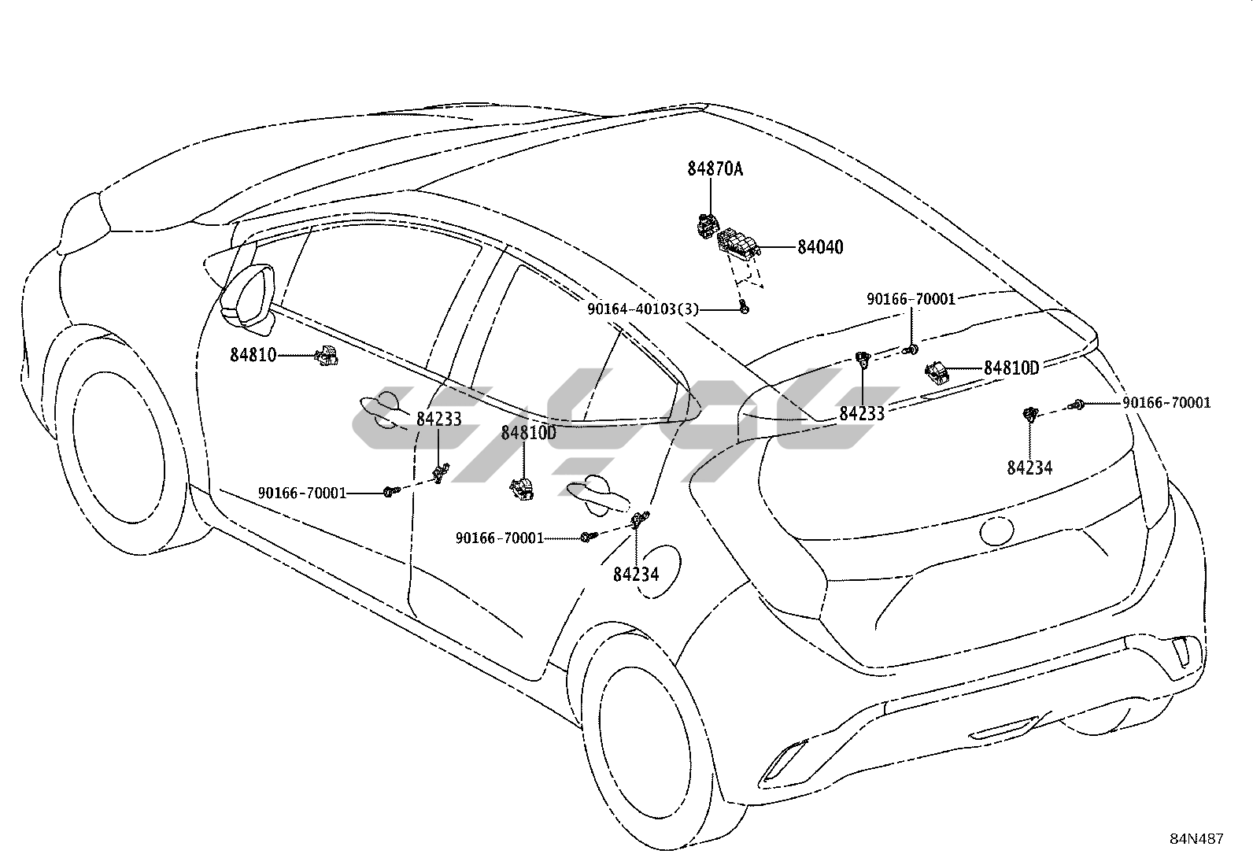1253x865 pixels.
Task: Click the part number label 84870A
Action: pyautogui.click(x=715, y=168)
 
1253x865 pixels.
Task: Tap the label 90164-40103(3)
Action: pyautogui.click(x=642, y=309)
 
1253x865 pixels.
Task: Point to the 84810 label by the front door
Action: pyautogui.click(x=253, y=355)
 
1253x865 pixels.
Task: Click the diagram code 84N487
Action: pyautogui.click(x=1196, y=839)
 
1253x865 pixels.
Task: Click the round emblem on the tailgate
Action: pyautogui.click(x=997, y=531)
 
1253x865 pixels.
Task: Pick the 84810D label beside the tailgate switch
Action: pyautogui.click(x=1011, y=368)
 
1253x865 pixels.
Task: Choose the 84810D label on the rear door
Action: pyautogui.click(x=528, y=432)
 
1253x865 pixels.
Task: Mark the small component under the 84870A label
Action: pyautogui.click(x=706, y=226)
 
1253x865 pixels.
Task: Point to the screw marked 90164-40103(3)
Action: pyautogui.click(x=744, y=308)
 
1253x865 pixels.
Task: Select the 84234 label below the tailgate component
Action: pyautogui.click(x=1029, y=468)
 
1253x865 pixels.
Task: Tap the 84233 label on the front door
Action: pyautogui.click(x=438, y=420)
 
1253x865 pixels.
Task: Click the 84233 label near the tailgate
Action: pyautogui.click(x=862, y=413)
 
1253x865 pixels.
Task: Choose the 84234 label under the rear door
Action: pyautogui.click(x=635, y=575)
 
